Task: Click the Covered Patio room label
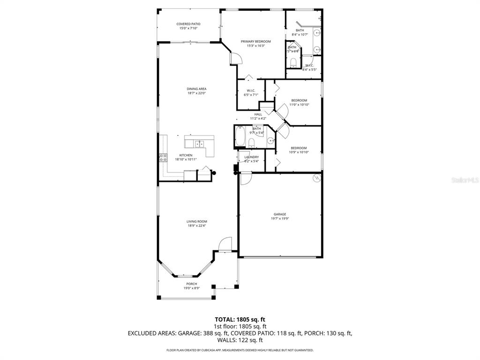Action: click(188, 24)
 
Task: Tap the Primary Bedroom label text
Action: click(255, 41)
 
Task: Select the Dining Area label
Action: click(196, 89)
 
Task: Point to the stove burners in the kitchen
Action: click(164, 157)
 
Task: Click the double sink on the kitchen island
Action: click(199, 143)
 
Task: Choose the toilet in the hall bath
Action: click(252, 142)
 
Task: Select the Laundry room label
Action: click(251, 157)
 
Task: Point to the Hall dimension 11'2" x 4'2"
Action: click(258, 119)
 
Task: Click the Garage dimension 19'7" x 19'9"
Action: click(280, 218)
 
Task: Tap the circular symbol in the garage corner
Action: click(316, 178)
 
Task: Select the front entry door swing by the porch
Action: click(225, 244)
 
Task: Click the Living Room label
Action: click(197, 221)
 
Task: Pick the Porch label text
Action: click(191, 284)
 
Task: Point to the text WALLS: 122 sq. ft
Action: click(240, 340)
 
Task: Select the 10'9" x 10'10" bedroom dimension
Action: click(299, 152)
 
